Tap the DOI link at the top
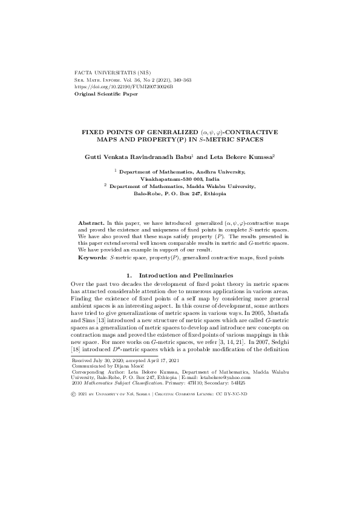[x=123, y=87]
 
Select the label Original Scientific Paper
[x=106, y=94]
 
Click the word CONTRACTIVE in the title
[x=253, y=132]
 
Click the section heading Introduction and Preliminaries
[x=185, y=276]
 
